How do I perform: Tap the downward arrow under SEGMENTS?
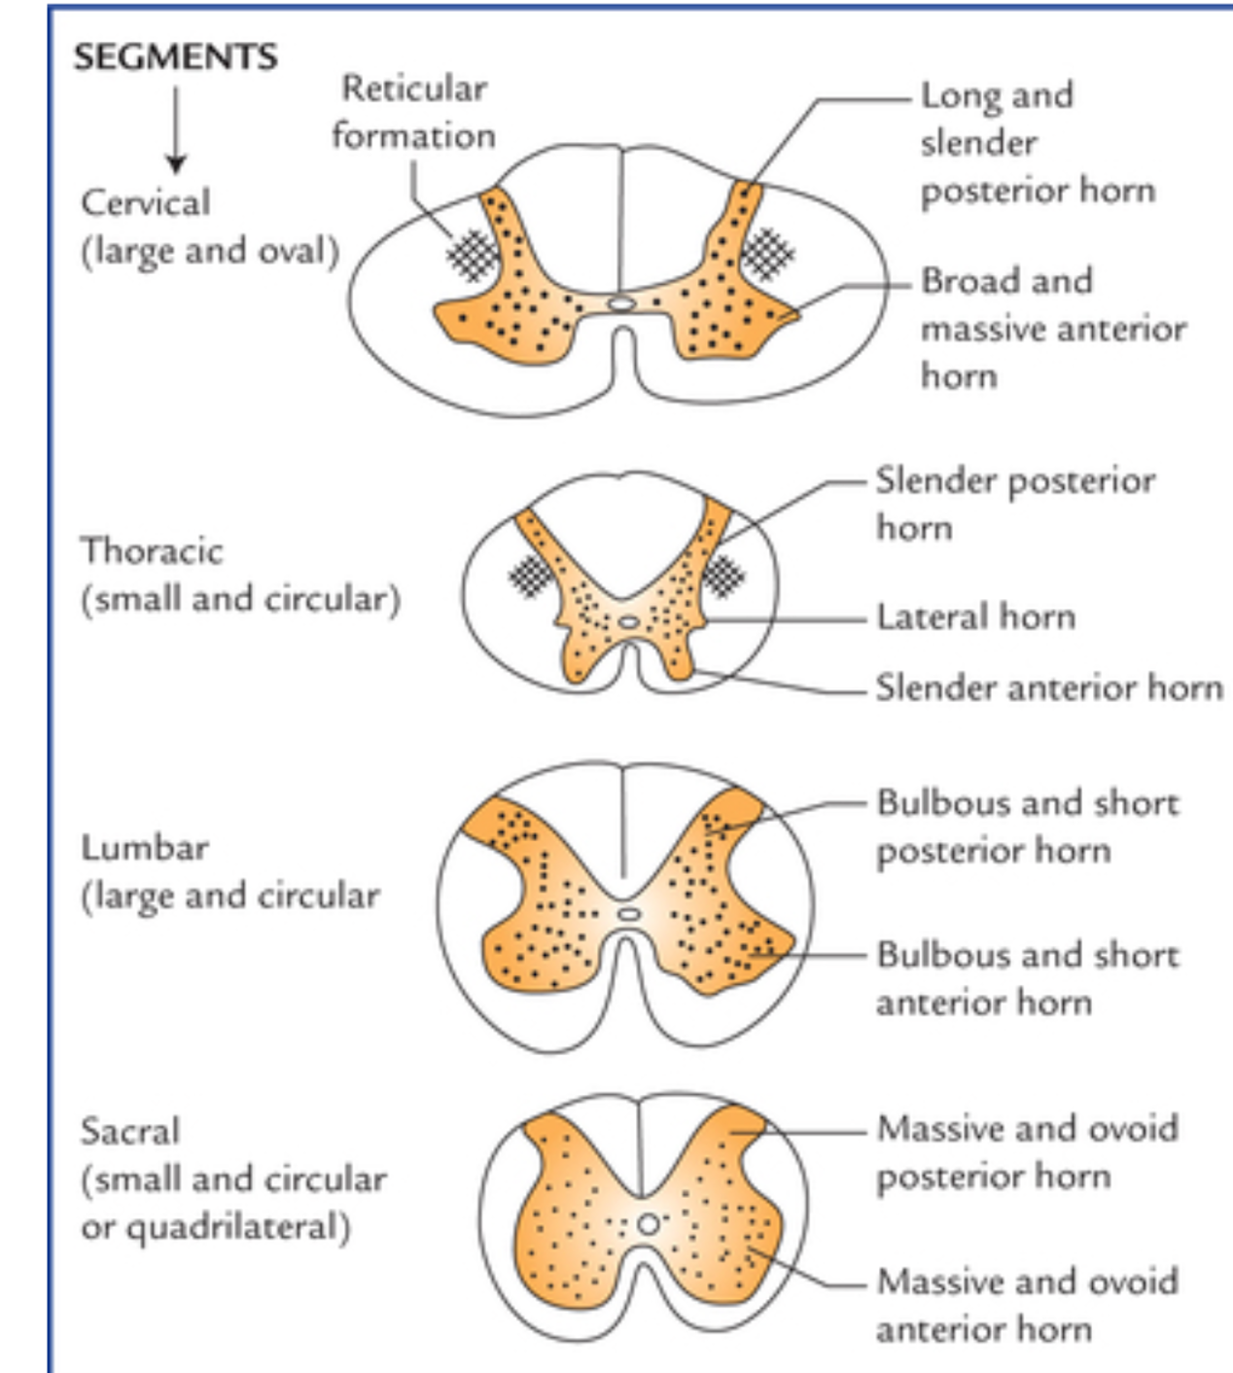click(x=175, y=130)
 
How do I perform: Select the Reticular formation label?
click(x=413, y=112)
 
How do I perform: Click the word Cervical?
click(x=145, y=202)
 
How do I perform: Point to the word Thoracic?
click(x=152, y=550)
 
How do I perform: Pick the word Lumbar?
click(x=144, y=848)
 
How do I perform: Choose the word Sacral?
click(x=130, y=1131)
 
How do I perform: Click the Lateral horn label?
click(x=975, y=616)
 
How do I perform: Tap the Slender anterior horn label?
click(x=1048, y=687)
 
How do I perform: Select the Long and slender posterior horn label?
click(x=1037, y=142)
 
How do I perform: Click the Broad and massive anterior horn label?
click(x=1052, y=329)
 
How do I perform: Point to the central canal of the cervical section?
click(x=620, y=303)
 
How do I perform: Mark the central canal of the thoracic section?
click(x=629, y=620)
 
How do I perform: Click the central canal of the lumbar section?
click(x=629, y=914)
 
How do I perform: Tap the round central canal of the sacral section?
click(x=649, y=1223)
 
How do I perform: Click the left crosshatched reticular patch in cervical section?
click(x=472, y=256)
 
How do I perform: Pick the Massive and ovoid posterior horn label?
click(x=1027, y=1152)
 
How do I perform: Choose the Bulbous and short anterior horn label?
click(x=1027, y=978)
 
